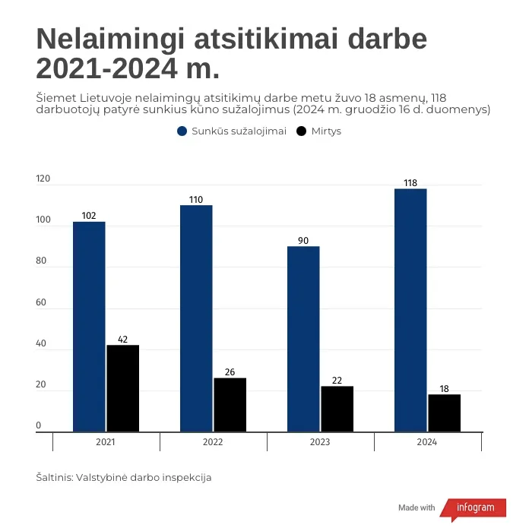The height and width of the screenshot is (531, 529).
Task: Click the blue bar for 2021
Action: click(89, 327)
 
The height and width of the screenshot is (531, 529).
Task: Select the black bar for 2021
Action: click(122, 388)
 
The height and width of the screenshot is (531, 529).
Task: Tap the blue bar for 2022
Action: click(196, 318)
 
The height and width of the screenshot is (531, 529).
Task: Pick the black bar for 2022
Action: click(230, 405)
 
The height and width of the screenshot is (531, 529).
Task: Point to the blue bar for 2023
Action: click(303, 339)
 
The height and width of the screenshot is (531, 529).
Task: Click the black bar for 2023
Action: click(337, 409)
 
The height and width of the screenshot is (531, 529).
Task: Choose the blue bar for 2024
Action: click(410, 310)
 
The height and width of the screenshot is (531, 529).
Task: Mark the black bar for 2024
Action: click(444, 412)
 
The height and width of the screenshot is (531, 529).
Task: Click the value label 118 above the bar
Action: click(410, 182)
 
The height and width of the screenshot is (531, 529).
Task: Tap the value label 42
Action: click(122, 339)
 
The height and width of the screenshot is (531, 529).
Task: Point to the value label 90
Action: click(303, 241)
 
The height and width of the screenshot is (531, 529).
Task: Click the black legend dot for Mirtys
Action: click(301, 131)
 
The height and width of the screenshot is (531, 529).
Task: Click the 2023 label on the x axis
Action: click(320, 441)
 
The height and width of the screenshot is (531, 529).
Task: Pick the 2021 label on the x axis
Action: click(106, 441)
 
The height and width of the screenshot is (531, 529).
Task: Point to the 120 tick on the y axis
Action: click(43, 180)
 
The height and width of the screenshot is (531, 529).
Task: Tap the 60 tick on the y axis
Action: click(41, 303)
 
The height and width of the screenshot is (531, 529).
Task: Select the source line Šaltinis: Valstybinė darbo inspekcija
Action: click(123, 478)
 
